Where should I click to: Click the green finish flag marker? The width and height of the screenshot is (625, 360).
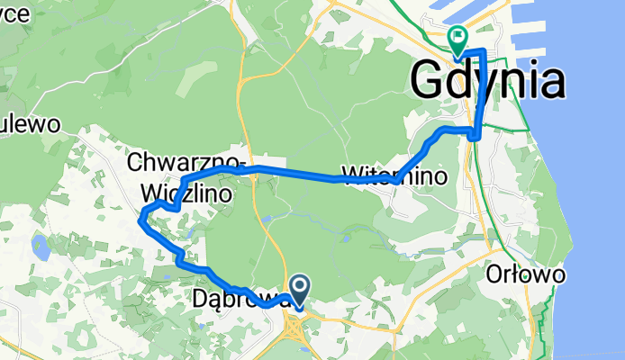(x=457, y=39)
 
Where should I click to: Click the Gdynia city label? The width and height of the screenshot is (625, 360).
(x=488, y=82)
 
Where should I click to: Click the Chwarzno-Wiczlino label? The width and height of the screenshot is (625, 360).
(x=186, y=177)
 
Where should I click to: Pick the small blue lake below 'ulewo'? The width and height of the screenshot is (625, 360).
(x=40, y=245)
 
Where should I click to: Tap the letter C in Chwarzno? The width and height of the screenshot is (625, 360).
(x=135, y=163)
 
